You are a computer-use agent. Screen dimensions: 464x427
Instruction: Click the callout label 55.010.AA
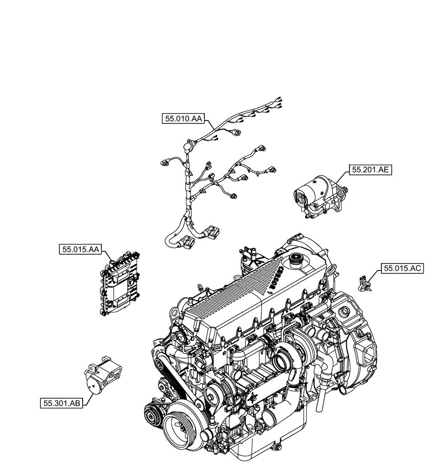coord(183,119)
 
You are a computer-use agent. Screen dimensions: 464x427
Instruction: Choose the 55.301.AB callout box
coord(61,403)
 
